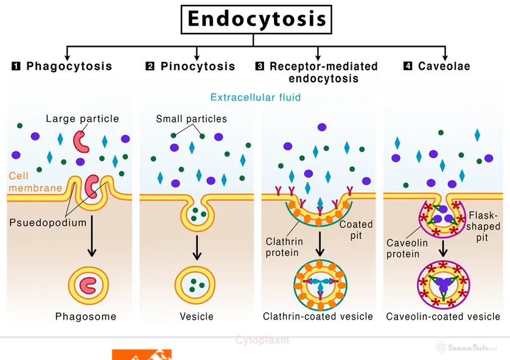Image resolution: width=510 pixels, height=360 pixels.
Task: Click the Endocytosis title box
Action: click(256, 19)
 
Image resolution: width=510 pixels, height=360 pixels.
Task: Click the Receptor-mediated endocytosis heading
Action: click(323, 72)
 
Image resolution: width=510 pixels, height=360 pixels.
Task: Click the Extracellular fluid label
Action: click(255, 97)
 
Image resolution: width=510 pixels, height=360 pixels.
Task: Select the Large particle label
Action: click(82, 118)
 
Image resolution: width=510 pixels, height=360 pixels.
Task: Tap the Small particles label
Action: click(191, 119)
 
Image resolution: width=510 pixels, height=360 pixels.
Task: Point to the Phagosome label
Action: click(85, 316)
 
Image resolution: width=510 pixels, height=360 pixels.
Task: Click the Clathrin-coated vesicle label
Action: click(318, 316)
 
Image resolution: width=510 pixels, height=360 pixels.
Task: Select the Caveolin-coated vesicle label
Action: click(443, 316)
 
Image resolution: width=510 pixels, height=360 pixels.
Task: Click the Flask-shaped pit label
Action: click(484, 226)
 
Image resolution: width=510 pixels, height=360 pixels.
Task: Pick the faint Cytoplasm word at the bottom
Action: click(262, 340)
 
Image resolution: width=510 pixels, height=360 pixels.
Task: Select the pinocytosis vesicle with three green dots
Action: click(196, 284)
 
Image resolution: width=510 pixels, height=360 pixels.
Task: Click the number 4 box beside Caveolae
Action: click(408, 66)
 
